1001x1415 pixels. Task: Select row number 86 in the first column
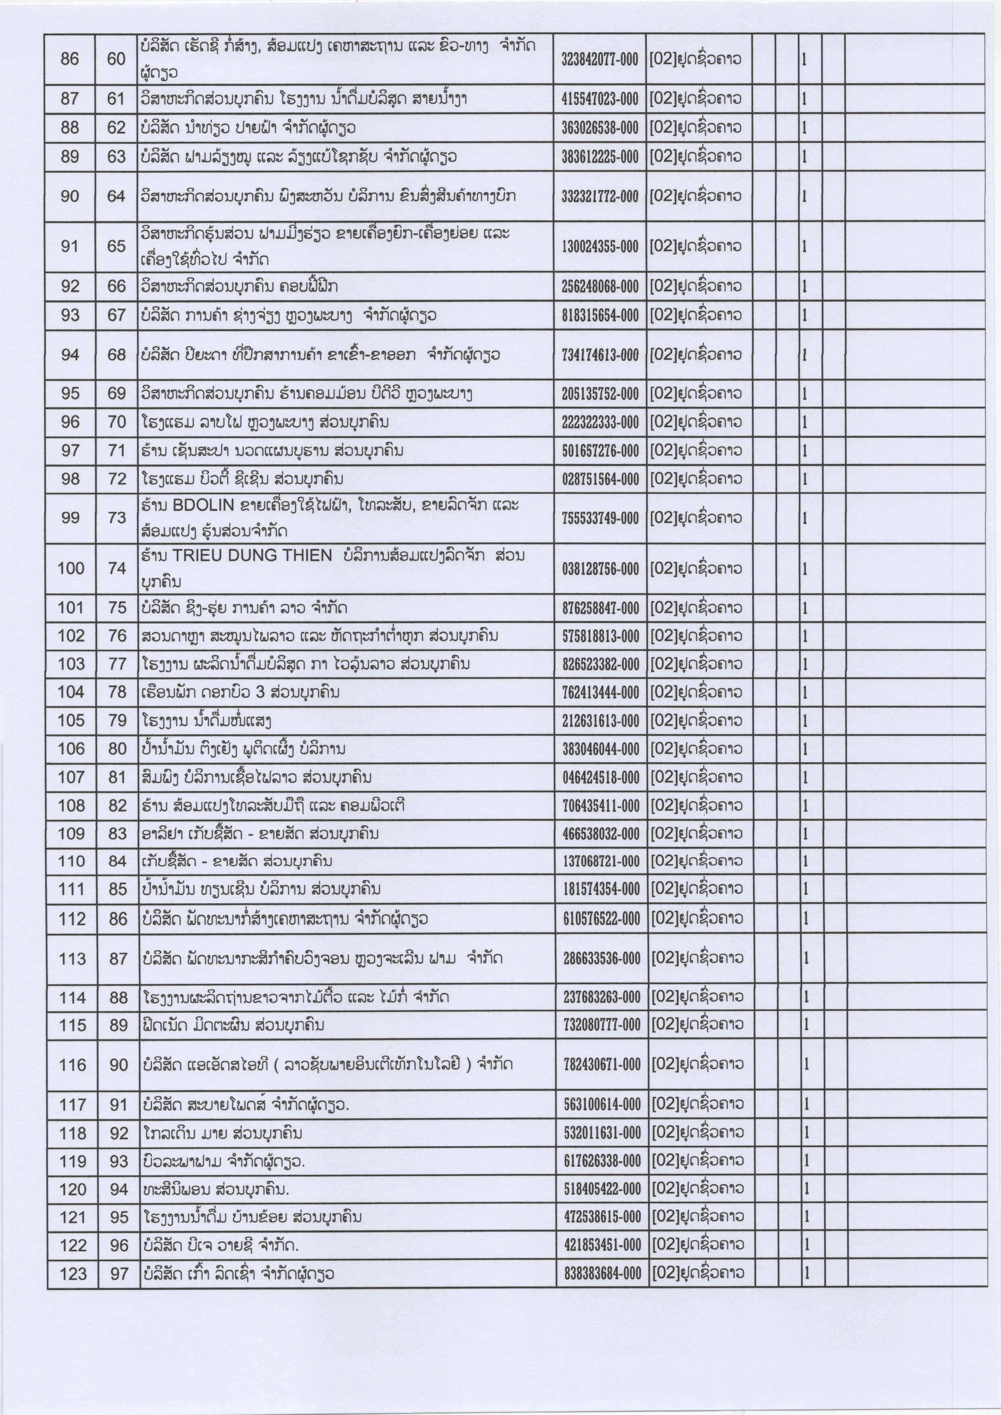coord(70,59)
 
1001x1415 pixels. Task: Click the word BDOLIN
coord(203,505)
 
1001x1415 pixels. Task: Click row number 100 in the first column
coord(71,568)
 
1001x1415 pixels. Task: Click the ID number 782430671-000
coord(601,1065)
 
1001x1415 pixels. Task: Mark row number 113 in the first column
coord(72,958)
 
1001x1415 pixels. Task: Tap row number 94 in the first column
coord(70,355)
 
